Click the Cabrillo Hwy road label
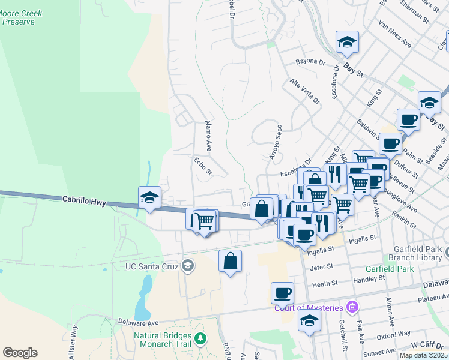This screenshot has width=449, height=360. tap(85, 200)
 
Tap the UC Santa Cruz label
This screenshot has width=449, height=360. tap(152, 265)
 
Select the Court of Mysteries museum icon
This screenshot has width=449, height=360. tap(352, 307)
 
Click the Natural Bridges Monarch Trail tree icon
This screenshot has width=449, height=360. tap(200, 340)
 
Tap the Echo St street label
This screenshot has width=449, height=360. tap(203, 166)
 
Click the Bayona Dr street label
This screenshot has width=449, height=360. tap(310, 62)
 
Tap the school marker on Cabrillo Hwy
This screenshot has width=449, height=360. tap(149, 197)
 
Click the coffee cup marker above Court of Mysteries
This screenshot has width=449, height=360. tap(282, 293)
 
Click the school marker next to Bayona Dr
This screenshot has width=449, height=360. tap(347, 42)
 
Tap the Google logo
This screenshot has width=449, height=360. tap(20, 353)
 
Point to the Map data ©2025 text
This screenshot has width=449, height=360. tap(423, 355)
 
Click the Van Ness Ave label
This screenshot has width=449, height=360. tap(394, 35)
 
